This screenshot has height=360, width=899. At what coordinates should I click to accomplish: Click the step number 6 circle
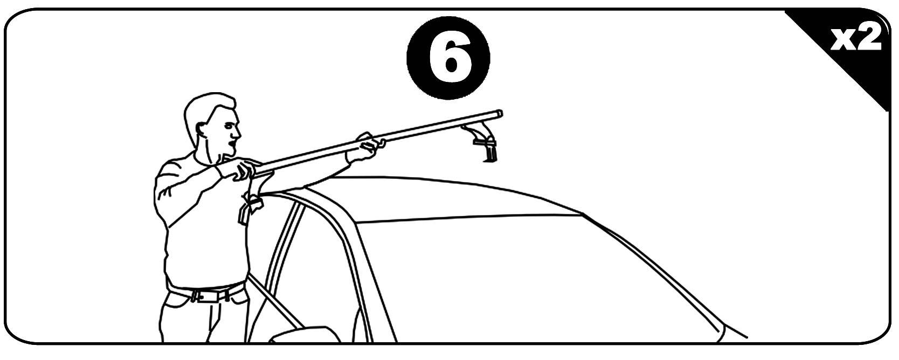448,58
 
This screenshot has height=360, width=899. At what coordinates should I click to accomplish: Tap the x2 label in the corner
855,39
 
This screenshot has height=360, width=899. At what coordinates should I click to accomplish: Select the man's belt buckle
199,296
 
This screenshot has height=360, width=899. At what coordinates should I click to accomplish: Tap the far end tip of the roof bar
500,114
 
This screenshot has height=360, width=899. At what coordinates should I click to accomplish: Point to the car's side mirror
305,334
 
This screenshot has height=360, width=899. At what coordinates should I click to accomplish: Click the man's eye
229,126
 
